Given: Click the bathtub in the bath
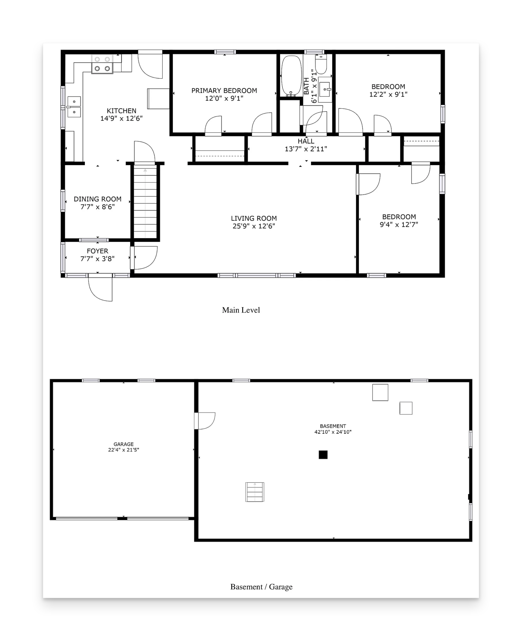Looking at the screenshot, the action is (291, 76).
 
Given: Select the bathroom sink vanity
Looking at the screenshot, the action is (325, 90).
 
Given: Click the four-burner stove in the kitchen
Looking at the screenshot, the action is (102, 64).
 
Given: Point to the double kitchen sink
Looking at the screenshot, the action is (74, 107).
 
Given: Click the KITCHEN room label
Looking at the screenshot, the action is (122, 111).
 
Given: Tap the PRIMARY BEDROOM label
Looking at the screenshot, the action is (224, 91).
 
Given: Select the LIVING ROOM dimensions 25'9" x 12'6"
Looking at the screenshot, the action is (254, 226).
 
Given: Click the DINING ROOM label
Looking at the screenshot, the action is (98, 199).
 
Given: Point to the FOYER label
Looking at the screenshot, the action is (98, 251).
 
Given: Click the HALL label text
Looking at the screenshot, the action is (306, 141).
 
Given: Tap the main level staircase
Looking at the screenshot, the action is (145, 202).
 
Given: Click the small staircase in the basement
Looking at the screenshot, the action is (255, 492).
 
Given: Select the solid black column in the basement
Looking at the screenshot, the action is (323, 455).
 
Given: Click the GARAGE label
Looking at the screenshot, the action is (124, 444).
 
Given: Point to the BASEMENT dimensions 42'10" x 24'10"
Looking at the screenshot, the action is (333, 432).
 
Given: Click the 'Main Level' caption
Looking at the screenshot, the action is (241, 310).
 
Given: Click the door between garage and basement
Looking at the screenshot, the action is (205, 421).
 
